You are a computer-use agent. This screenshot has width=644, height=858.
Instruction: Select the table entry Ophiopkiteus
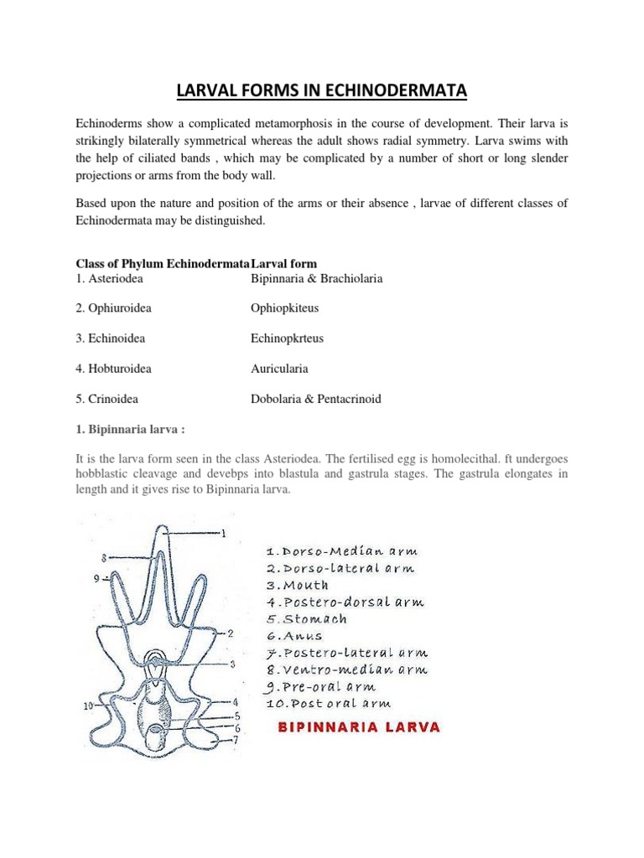tap(284, 308)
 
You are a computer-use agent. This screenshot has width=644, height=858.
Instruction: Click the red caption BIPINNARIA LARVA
tap(359, 726)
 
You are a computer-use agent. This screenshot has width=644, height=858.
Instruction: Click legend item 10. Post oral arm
tap(328, 704)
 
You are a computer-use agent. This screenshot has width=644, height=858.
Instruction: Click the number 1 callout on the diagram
tap(223, 533)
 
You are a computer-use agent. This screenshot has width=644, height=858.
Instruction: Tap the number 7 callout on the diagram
tap(236, 741)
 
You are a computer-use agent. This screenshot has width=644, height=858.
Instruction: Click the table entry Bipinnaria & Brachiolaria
tap(316, 278)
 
